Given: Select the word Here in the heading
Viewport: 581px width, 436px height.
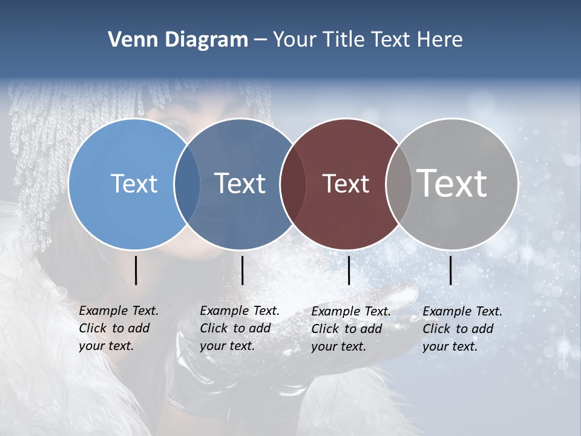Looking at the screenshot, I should [x=440, y=40].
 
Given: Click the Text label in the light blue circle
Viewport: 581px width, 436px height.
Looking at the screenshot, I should [x=134, y=183].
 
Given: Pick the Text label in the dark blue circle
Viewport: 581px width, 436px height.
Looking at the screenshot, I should [x=240, y=183].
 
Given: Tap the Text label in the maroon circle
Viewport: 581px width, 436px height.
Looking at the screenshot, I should [x=346, y=183].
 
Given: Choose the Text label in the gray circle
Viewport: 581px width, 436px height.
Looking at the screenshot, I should [x=452, y=183].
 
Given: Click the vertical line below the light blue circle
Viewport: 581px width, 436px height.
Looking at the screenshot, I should [x=136, y=270].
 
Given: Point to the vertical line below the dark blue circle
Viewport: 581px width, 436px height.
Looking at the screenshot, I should [x=242, y=270].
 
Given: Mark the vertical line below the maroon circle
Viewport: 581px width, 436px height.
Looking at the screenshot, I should [x=349, y=270].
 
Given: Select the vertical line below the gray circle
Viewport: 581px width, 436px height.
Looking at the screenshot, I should [x=450, y=270].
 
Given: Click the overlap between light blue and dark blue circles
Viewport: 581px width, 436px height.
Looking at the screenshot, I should [x=187, y=183].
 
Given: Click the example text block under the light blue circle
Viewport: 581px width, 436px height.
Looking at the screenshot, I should [x=118, y=328].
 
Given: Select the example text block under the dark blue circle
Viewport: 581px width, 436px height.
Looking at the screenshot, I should [x=239, y=328].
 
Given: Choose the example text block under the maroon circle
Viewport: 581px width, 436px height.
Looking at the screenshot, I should [x=350, y=329].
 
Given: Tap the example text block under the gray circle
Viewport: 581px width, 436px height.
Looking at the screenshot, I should [x=462, y=329].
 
